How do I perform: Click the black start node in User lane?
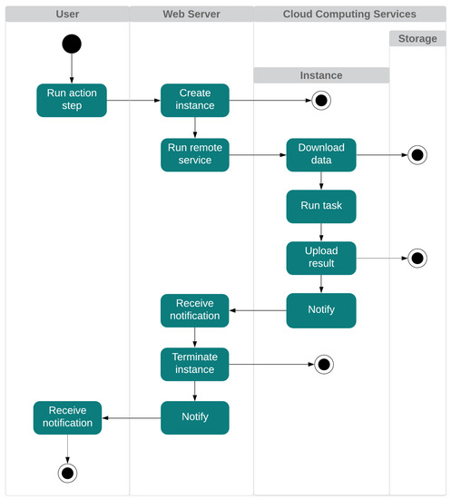point(72,44)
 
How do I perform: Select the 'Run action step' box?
point(72,100)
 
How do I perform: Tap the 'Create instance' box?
point(195,100)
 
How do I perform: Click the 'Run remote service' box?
point(195,153)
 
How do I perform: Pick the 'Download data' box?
point(321,153)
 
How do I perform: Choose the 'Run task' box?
point(321,206)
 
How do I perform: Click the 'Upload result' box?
point(321,258)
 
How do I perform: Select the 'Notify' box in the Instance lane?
point(321,309)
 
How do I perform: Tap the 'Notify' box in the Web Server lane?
point(195,417)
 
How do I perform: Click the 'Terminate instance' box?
point(195,364)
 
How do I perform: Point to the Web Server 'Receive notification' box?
point(195,309)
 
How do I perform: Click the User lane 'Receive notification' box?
point(68,417)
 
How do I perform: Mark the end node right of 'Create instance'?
point(320,101)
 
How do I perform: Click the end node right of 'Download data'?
point(417,154)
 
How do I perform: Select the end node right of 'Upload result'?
point(417,259)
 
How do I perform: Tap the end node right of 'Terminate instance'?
point(324,365)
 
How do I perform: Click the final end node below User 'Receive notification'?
point(67,472)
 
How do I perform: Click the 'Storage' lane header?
point(417,39)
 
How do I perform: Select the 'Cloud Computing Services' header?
point(349,15)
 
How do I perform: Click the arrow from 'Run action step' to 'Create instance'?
point(133,100)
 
